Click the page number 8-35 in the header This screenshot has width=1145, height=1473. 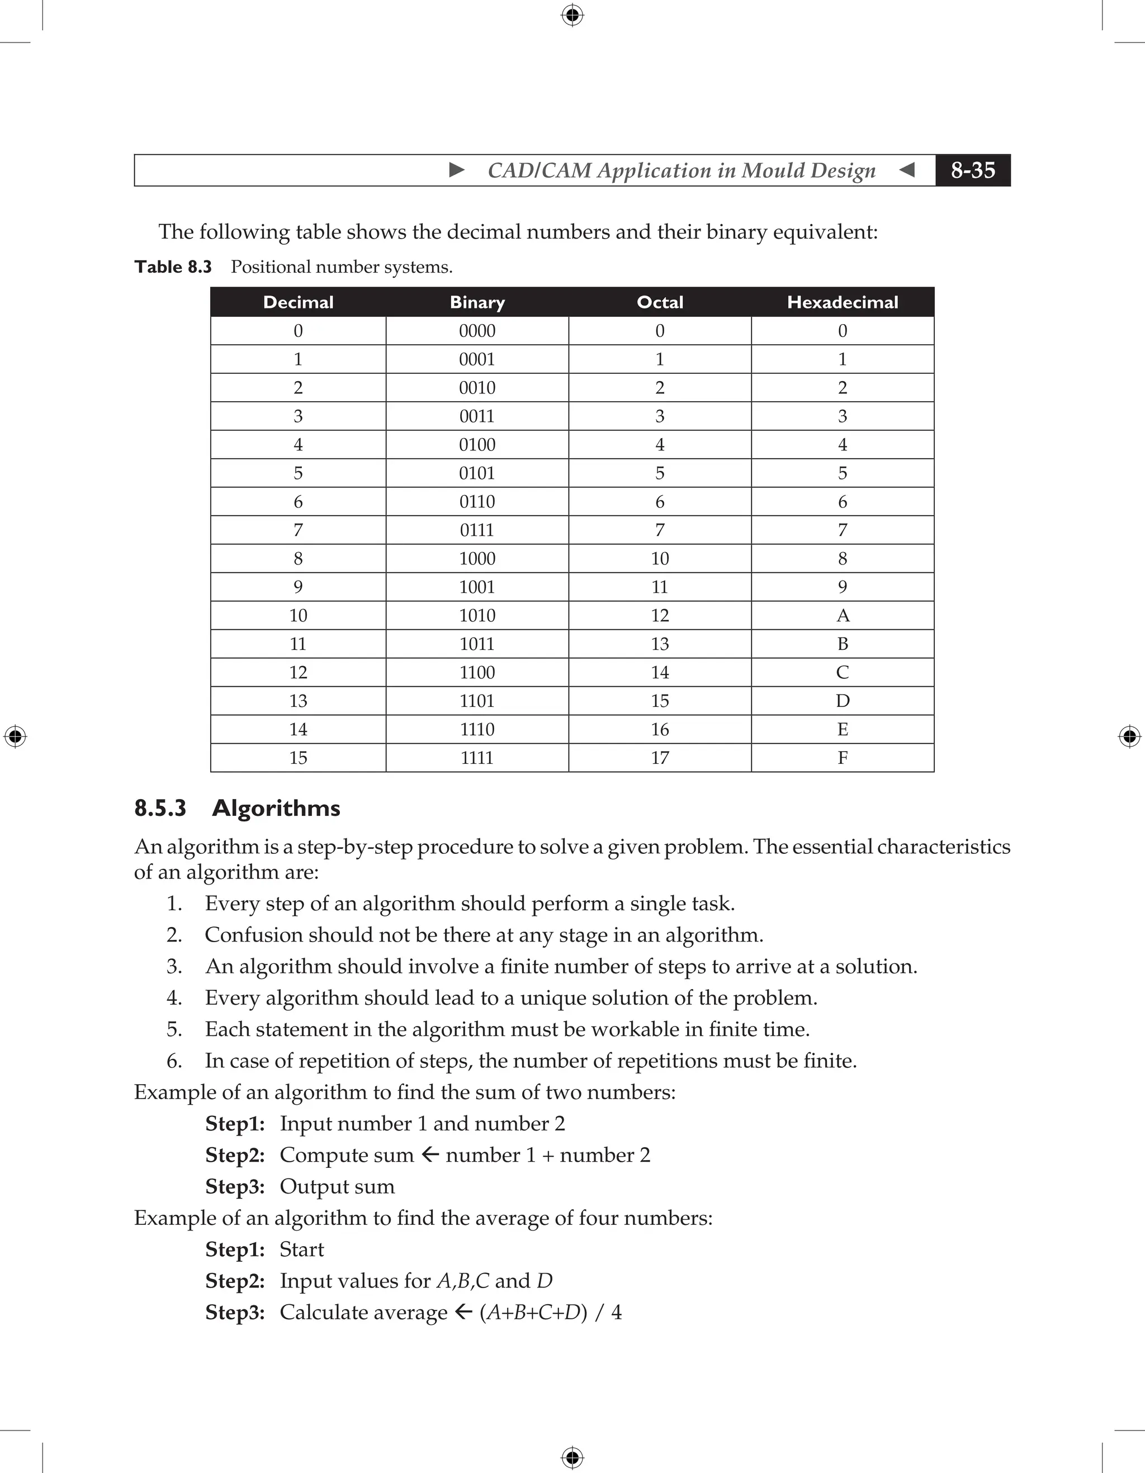click(972, 170)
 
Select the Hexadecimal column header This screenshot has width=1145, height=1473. click(842, 302)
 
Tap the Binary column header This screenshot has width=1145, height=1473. click(477, 302)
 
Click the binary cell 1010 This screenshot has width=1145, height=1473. click(477, 615)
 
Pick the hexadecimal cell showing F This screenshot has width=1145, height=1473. click(842, 757)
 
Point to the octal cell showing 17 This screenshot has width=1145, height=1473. click(659, 757)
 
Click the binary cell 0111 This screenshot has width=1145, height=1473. click(477, 530)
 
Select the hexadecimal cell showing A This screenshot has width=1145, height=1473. click(842, 615)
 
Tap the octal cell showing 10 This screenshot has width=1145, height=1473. click(659, 558)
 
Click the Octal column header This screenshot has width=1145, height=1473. click(659, 302)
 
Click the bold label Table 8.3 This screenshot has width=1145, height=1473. click(173, 267)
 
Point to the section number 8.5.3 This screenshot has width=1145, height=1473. click(160, 808)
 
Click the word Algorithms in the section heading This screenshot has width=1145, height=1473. click(276, 808)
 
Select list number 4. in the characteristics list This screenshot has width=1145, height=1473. click(174, 997)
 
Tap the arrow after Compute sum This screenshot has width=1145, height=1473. click(430, 1154)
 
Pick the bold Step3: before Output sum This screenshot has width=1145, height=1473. click(235, 1186)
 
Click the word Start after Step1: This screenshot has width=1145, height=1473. click(301, 1249)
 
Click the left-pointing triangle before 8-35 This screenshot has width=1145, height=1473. click(907, 169)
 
